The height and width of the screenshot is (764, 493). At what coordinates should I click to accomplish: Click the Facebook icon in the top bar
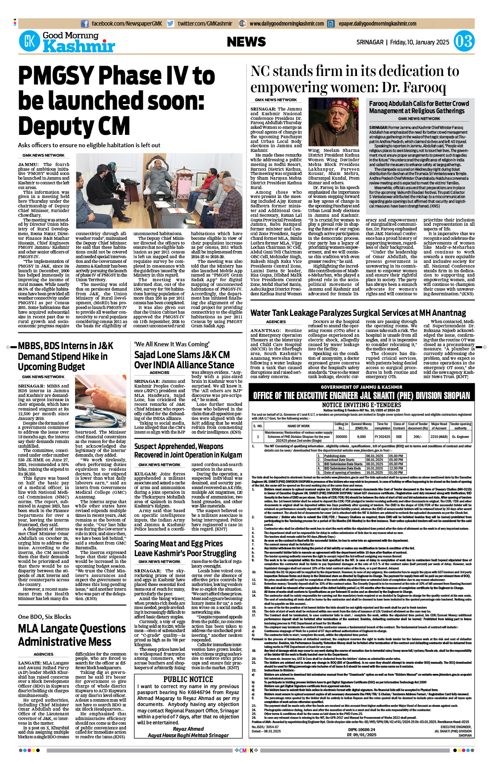coord(85,24)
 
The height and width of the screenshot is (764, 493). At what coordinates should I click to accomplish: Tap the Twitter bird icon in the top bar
coord(171,24)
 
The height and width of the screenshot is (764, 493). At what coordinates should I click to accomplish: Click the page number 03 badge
coord(464,42)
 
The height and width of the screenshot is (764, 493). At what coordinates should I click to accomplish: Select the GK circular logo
coord(29,42)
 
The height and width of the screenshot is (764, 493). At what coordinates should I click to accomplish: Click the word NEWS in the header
coord(246,42)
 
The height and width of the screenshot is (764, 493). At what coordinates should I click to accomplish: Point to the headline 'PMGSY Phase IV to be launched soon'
coord(116,101)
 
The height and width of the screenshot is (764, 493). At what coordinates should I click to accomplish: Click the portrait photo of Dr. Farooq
coord(333,123)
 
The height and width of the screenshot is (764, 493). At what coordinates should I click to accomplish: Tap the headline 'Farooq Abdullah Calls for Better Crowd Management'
coord(419,107)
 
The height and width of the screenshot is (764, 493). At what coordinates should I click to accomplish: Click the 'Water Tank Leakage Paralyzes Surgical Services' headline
coord(358,313)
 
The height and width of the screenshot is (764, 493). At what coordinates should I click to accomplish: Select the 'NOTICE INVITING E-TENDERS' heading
coord(361,405)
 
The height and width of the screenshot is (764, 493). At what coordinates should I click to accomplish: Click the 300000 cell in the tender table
coord(341,437)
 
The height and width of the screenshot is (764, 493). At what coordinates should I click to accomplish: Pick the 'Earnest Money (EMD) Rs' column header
coord(361,426)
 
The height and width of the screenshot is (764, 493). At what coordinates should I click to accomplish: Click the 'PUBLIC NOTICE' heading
coord(188,679)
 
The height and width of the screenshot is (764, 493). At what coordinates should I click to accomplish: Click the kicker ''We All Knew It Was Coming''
coord(166,344)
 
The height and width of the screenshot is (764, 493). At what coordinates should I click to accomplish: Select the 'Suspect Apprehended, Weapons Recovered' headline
coord(188,451)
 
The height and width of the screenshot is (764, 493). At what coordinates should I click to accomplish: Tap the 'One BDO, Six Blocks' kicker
coord(44,617)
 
